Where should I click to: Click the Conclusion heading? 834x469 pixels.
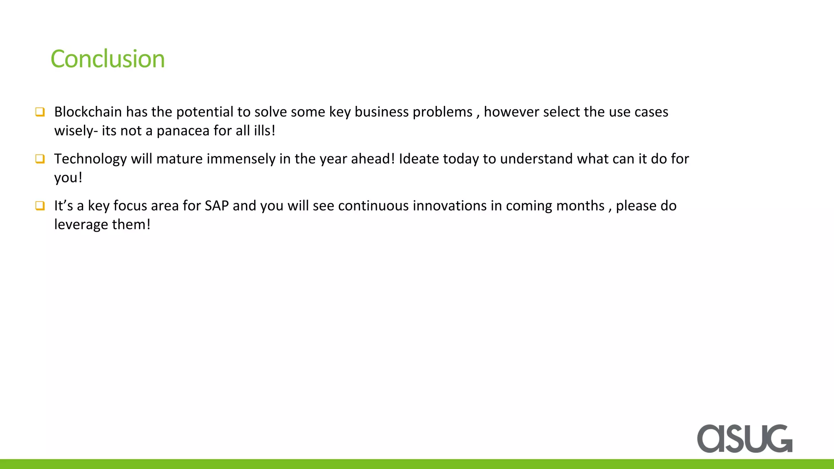tap(108, 59)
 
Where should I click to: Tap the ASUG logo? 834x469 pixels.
tap(744, 438)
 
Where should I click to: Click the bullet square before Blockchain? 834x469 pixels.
tap(40, 112)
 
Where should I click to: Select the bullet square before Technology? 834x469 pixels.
tap(40, 159)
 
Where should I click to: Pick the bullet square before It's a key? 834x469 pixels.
tap(40, 206)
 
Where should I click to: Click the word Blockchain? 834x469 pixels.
tap(88, 112)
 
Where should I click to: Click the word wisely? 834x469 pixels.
tap(75, 131)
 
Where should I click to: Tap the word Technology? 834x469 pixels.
tap(90, 159)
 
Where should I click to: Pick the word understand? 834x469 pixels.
tap(536, 159)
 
